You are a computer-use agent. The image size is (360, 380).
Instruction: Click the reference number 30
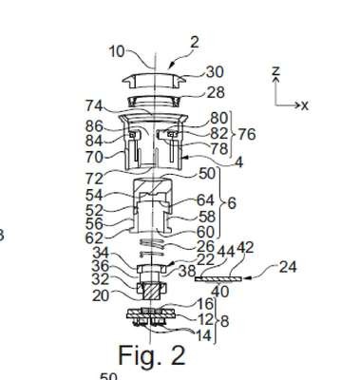pos(216,72)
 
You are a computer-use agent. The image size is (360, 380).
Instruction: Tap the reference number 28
pos(216,92)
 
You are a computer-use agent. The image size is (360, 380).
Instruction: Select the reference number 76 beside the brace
pos(246,134)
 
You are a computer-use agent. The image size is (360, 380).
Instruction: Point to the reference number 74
pos(94,105)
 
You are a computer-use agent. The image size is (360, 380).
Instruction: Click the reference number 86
pos(94,126)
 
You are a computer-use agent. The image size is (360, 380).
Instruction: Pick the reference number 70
pos(94,157)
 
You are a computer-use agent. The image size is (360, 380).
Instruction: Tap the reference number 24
pos(288,267)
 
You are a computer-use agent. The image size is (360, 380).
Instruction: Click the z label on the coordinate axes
pos(276,70)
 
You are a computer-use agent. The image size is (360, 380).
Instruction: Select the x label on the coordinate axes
pos(305,105)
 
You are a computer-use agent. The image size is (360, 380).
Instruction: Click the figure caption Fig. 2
pos(152,355)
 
